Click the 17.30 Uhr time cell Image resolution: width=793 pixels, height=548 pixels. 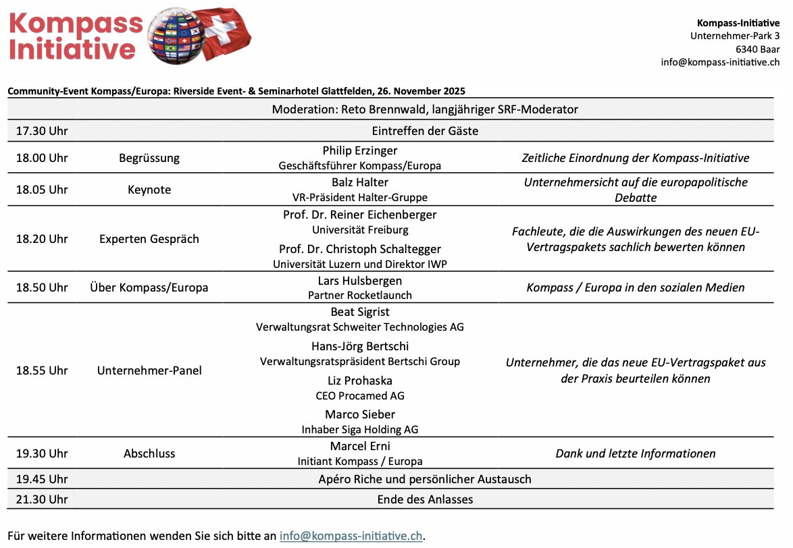tap(42, 131)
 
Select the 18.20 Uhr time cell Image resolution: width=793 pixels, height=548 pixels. tap(42, 239)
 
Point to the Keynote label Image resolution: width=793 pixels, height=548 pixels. tap(149, 190)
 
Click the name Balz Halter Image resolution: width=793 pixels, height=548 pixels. tap(360, 182)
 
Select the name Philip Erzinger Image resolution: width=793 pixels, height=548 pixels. tap(360, 150)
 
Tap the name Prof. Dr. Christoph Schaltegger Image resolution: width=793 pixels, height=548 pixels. tap(360, 249)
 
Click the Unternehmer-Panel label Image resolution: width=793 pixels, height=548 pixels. tap(149, 371)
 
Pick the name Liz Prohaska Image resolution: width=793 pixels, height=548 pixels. tap(360, 381)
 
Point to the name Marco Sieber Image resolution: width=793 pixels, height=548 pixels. tap(360, 414)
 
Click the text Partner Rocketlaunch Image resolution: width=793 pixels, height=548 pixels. tap(360, 295)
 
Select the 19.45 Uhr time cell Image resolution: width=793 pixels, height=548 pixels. tap(42, 479)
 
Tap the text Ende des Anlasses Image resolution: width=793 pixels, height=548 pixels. tap(425, 499)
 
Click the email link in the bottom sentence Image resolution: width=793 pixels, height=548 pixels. tap(351, 536)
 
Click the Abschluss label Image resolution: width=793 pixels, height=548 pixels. tap(149, 454)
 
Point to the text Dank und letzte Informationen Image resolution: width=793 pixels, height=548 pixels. tap(635, 454)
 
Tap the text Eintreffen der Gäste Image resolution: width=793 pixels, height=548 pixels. tap(425, 131)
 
